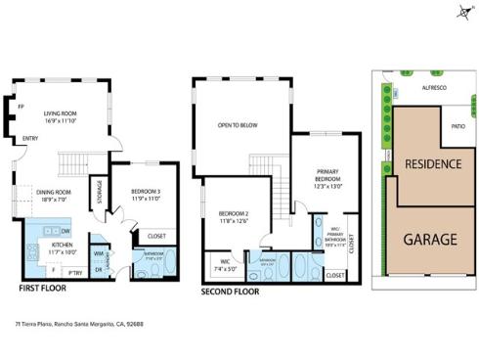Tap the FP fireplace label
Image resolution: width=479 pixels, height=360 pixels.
pos(19,106)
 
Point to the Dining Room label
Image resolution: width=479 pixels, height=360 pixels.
pos(55,195)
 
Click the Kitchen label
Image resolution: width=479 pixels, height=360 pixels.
pos(62,247)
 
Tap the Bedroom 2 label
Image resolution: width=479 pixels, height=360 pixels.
pos(235,216)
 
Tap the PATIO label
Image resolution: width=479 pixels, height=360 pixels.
pos(457,126)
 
